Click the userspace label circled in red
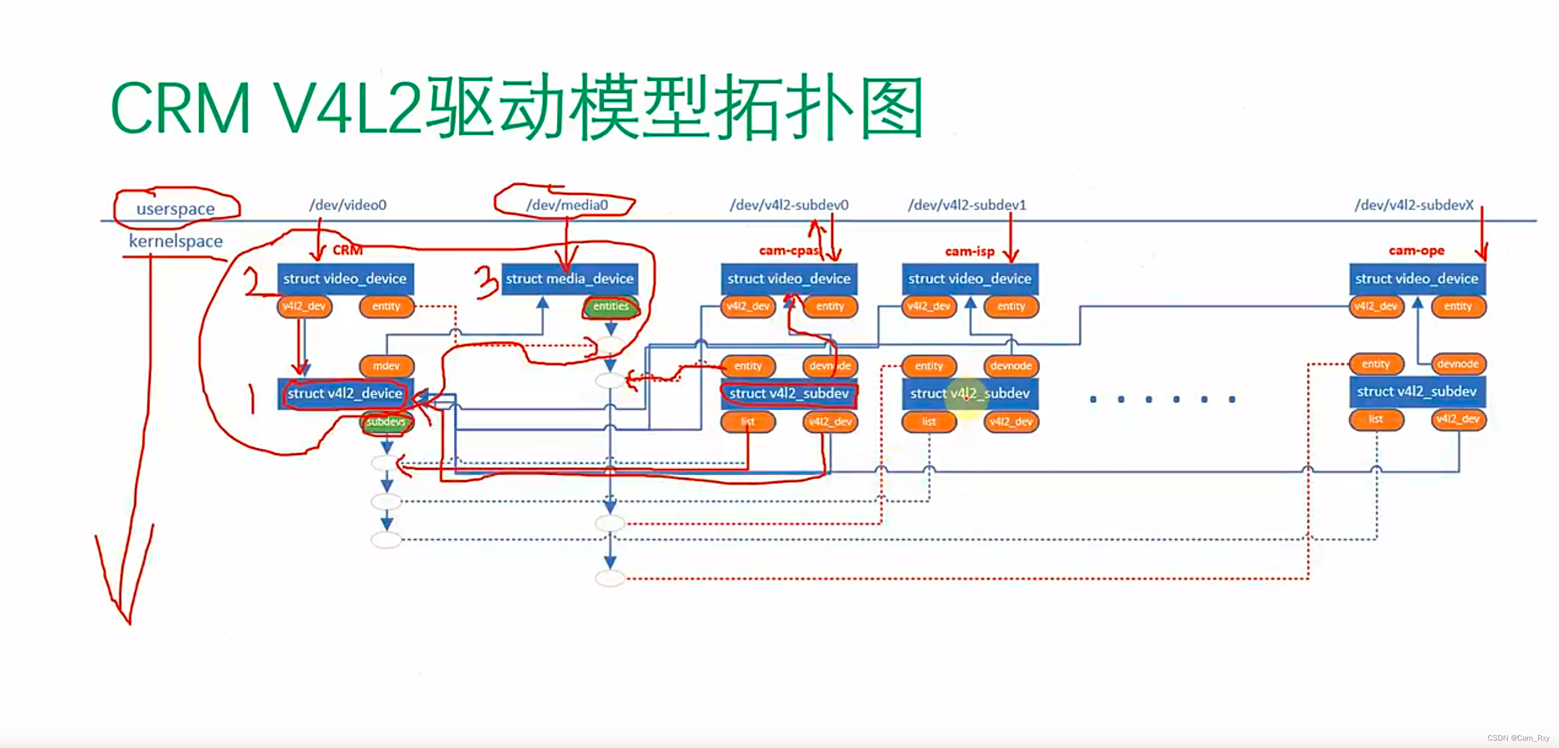click(x=176, y=209)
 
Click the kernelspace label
click(x=176, y=241)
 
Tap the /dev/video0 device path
click(x=348, y=205)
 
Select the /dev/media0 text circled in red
click(x=566, y=205)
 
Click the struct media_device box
click(x=569, y=279)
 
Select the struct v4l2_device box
click(x=345, y=394)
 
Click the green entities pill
click(x=611, y=306)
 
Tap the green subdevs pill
click(x=386, y=422)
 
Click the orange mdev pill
click(x=386, y=366)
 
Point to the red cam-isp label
click(x=969, y=251)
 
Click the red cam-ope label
click(x=1416, y=251)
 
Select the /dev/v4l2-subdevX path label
click(x=1414, y=205)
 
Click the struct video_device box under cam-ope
click(x=1416, y=279)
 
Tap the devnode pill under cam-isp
click(x=1010, y=366)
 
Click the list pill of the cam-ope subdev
click(x=1375, y=419)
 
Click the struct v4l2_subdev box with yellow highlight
click(x=969, y=394)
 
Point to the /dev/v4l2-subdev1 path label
click(x=967, y=205)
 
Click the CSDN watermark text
click(x=1518, y=738)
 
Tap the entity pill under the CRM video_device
click(x=386, y=306)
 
